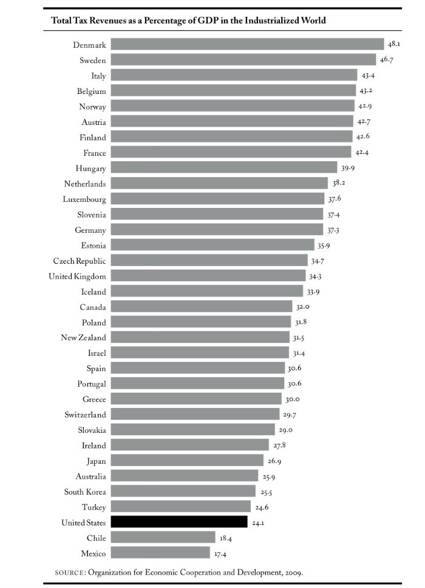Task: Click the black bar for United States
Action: pos(179,522)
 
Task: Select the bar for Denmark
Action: pos(248,44)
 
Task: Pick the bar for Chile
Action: pos(163,538)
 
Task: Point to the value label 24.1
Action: pos(258,523)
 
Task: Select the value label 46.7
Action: pos(387,61)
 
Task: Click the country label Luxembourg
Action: pos(84,199)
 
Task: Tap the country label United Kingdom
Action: pos(77,276)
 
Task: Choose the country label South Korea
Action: pos(85,492)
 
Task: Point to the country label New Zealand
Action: pos(83,338)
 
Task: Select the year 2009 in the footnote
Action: pos(291,572)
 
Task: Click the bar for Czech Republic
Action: pos(209,261)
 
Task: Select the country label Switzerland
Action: pos(85,415)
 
